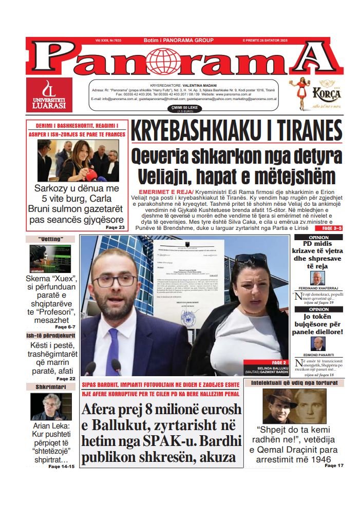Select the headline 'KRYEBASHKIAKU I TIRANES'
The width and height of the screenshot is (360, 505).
tap(236, 131)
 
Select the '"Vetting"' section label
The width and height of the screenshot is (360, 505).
tap(50, 239)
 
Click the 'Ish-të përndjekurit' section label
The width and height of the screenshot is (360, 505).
tap(50, 336)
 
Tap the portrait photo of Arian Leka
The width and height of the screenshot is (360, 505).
tap(51, 406)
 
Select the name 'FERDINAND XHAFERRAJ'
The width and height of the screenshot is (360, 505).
tap(318, 287)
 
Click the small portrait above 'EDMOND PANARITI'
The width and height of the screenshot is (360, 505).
tap(318, 343)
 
